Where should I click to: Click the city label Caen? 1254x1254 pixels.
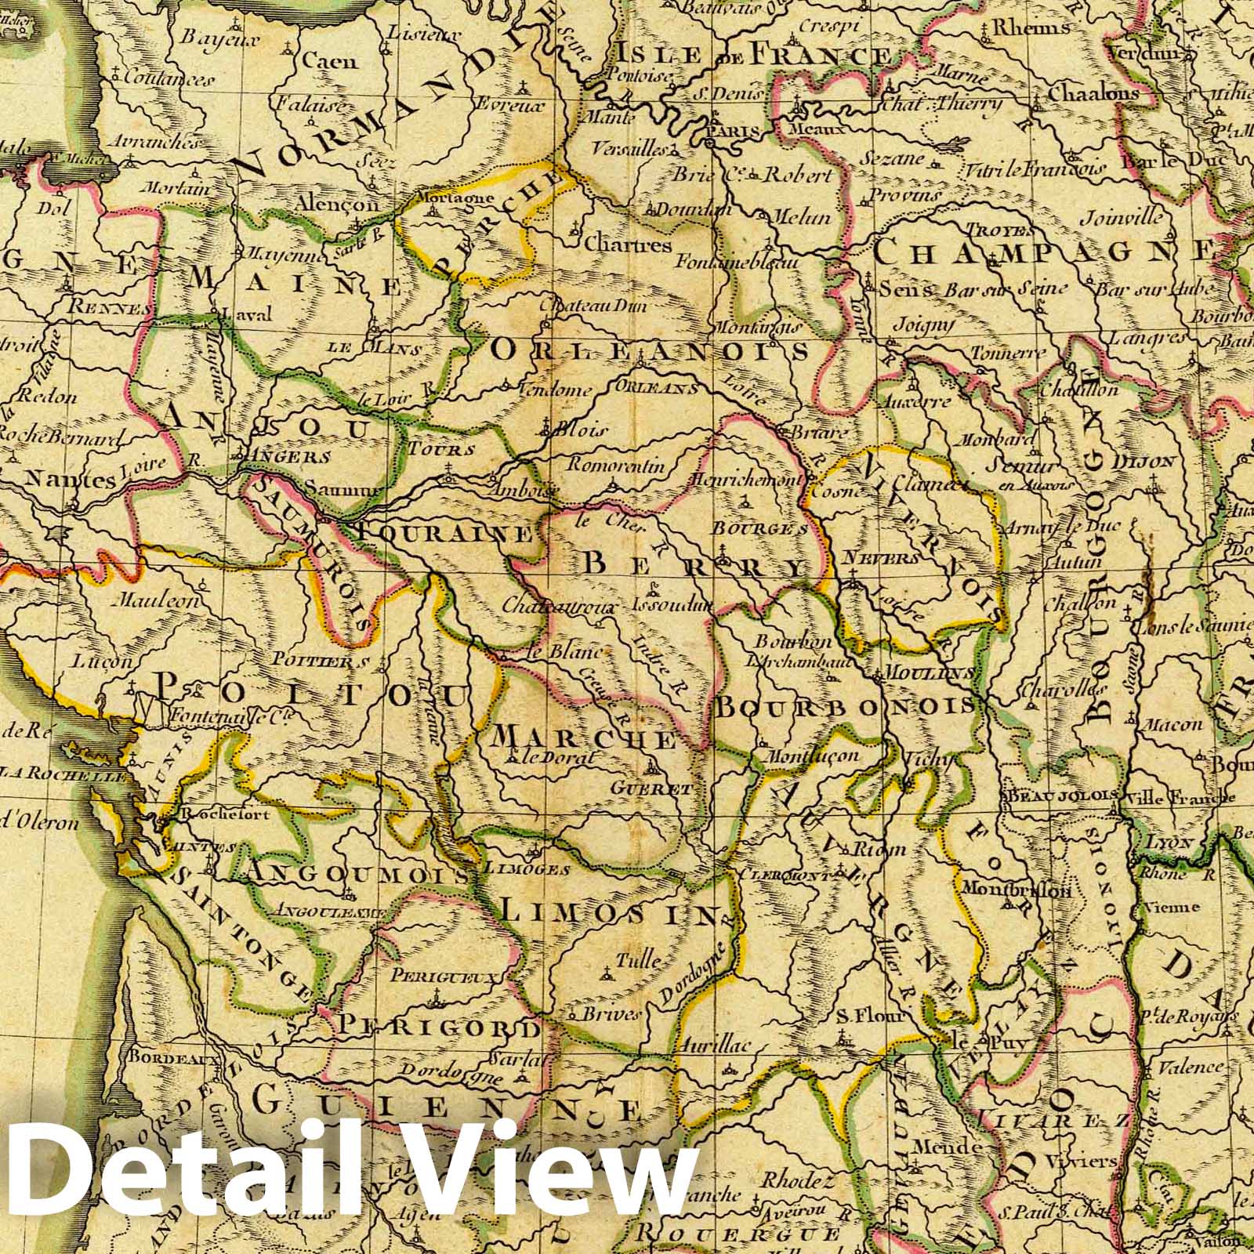coord(329,61)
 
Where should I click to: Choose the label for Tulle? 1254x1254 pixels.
coord(639,962)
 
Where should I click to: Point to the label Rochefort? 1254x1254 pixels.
coord(225,815)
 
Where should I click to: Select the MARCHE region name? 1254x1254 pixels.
coord(585,739)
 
